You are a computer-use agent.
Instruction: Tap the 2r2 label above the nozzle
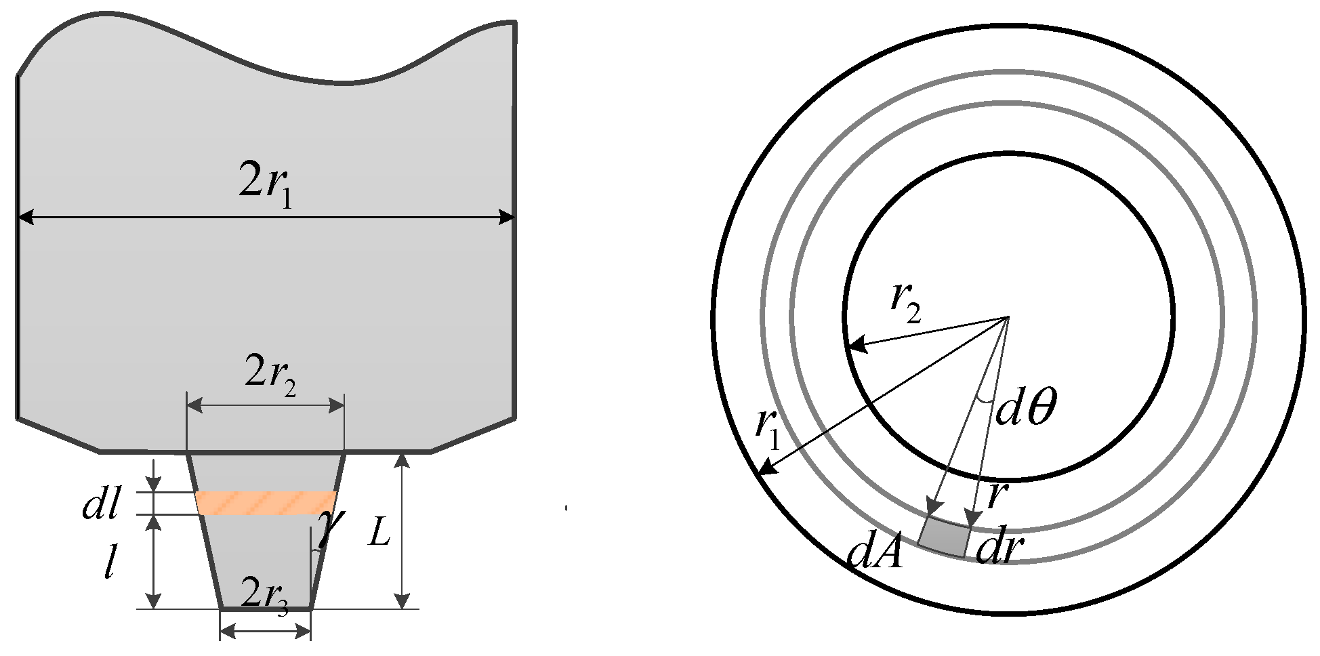pyautogui.click(x=270, y=375)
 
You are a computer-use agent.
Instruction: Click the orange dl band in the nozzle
pyautogui.click(x=266, y=503)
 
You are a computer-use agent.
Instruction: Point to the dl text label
pyautogui.click(x=101, y=504)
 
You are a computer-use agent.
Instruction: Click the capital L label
pyautogui.click(x=379, y=536)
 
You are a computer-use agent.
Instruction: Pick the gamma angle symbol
pyautogui.click(x=331, y=527)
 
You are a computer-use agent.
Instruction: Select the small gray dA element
pyautogui.click(x=943, y=537)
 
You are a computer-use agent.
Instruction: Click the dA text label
pyautogui.click(x=875, y=553)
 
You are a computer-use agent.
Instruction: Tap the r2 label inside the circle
pyautogui.click(x=907, y=302)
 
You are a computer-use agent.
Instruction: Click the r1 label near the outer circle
pyautogui.click(x=768, y=431)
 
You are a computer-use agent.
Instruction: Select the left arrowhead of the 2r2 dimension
pyautogui.click(x=193, y=406)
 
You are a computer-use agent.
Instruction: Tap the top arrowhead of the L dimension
pyautogui.click(x=403, y=459)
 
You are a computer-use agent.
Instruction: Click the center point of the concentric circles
pyautogui.click(x=1008, y=316)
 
